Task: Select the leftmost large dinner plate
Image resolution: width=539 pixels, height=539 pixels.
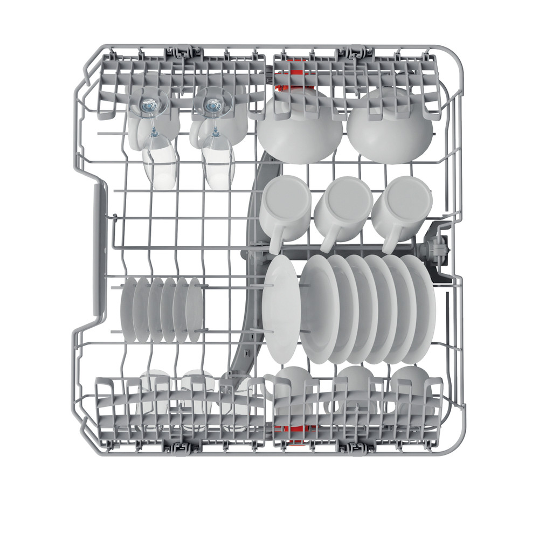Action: click(280, 307)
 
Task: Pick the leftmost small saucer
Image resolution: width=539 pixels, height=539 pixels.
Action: click(128, 308)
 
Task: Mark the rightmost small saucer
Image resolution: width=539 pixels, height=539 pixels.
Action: click(195, 310)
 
